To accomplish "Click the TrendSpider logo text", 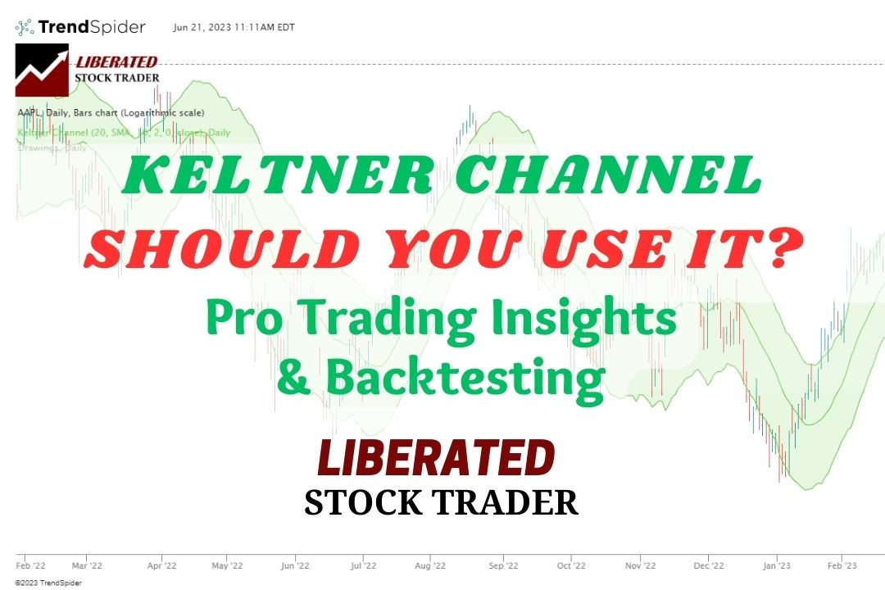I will pyautogui.click(x=91, y=27).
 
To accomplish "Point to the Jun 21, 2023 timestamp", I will pyautogui.click(x=234, y=27).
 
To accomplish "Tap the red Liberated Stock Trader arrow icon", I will pyautogui.click(x=42, y=70).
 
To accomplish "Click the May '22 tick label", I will pyautogui.click(x=227, y=565).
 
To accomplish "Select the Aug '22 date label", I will pyautogui.click(x=429, y=565).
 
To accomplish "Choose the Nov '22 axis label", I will pyautogui.click(x=640, y=565).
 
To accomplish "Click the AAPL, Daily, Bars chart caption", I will pyautogui.click(x=111, y=112).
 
